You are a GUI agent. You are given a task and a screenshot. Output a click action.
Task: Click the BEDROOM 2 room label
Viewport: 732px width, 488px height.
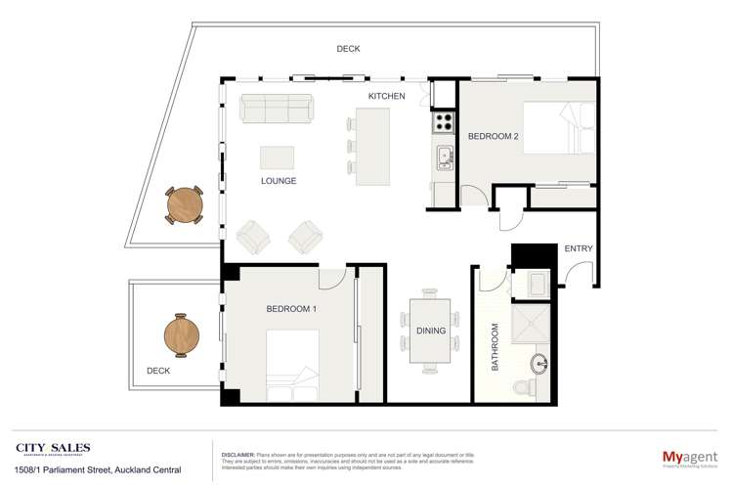click(493, 136)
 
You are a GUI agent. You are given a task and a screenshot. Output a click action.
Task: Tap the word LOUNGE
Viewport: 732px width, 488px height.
click(279, 181)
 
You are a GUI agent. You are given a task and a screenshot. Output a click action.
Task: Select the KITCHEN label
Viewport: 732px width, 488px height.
click(386, 96)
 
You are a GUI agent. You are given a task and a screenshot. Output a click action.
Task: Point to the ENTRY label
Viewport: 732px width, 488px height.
click(579, 248)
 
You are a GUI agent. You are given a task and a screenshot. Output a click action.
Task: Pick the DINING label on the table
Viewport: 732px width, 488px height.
click(430, 331)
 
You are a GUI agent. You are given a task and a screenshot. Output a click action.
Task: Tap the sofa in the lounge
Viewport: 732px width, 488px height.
click(277, 109)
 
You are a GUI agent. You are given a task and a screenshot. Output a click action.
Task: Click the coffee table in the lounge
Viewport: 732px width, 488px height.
click(277, 158)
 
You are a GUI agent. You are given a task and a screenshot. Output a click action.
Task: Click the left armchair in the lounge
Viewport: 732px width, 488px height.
click(254, 235)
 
